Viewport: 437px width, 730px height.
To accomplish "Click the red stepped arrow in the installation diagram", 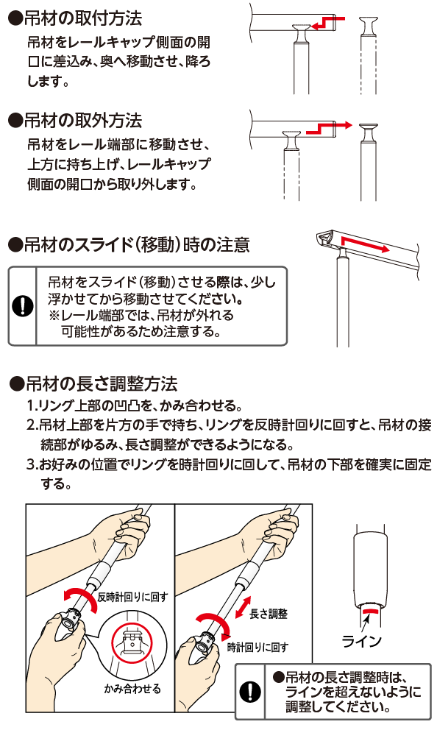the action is point(329,22).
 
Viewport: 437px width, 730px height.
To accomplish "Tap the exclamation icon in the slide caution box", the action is point(22,306).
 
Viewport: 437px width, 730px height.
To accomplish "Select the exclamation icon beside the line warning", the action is point(250,692).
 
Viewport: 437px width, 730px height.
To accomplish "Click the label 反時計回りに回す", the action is point(132,597).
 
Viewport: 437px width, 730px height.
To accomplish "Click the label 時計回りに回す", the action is point(257,647).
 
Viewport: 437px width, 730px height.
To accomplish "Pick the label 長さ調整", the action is point(269,614).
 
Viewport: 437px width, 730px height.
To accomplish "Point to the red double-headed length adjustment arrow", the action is point(243,607).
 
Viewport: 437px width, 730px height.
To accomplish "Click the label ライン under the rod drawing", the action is point(362,642).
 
